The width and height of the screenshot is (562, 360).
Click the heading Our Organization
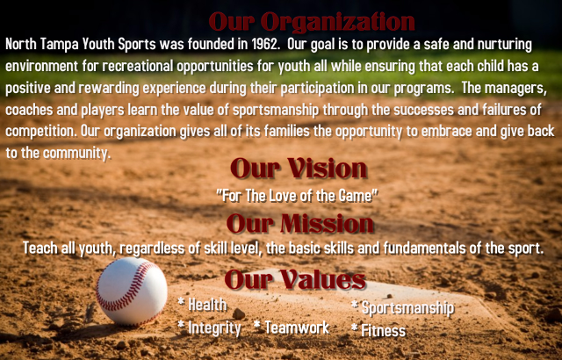click(312, 21)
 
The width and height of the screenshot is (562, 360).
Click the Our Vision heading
click(299, 168)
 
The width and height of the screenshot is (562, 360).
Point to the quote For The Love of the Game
click(297, 196)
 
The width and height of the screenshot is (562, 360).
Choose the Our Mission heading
click(300, 224)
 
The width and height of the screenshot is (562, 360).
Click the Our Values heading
click(295, 279)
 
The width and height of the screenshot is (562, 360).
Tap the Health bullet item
click(203, 305)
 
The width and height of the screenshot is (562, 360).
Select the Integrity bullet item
click(210, 328)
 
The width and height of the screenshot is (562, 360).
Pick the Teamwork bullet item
click(292, 328)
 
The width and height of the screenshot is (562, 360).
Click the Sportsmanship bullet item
click(403, 308)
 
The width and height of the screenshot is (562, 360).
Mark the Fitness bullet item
click(378, 330)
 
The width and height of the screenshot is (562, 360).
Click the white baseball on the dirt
click(132, 292)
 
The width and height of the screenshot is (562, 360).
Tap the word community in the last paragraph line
click(76, 154)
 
